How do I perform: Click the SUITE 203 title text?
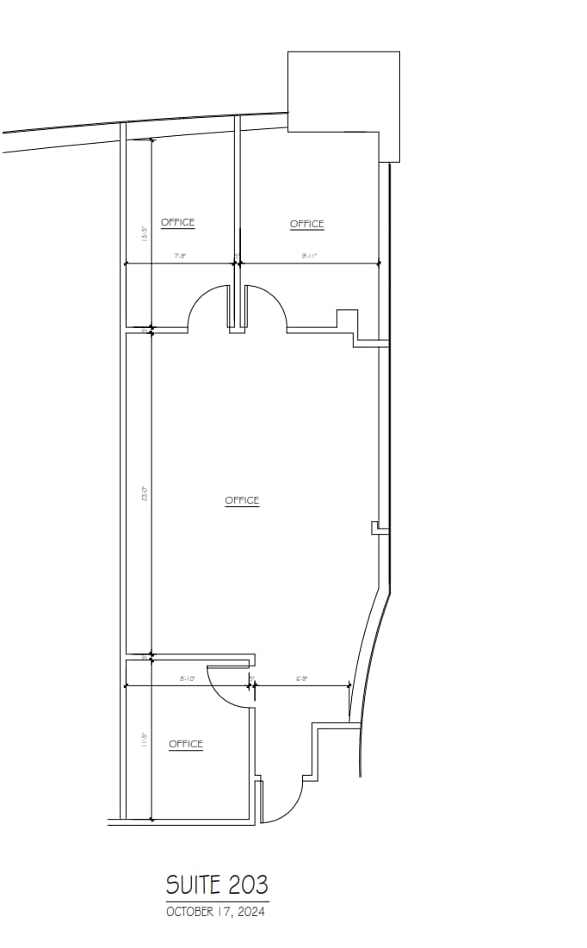click(x=217, y=884)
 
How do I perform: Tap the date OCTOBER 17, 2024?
click(x=215, y=912)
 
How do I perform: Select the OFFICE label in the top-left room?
click(x=177, y=222)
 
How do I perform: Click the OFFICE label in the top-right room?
click(x=306, y=224)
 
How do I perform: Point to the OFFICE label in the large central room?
click(x=242, y=500)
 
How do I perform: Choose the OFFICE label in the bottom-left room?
click(x=185, y=744)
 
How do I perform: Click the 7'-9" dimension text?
click(x=180, y=257)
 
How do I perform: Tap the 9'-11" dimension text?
click(x=309, y=257)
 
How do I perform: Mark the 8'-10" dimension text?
click(x=187, y=678)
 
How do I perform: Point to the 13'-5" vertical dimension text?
click(x=145, y=232)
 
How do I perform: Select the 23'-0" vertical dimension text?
click(x=145, y=495)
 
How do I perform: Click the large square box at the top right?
click(x=343, y=91)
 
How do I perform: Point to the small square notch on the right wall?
click(x=374, y=528)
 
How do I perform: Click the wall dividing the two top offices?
click(x=236, y=189)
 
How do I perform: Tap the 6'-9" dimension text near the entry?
click(x=302, y=678)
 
